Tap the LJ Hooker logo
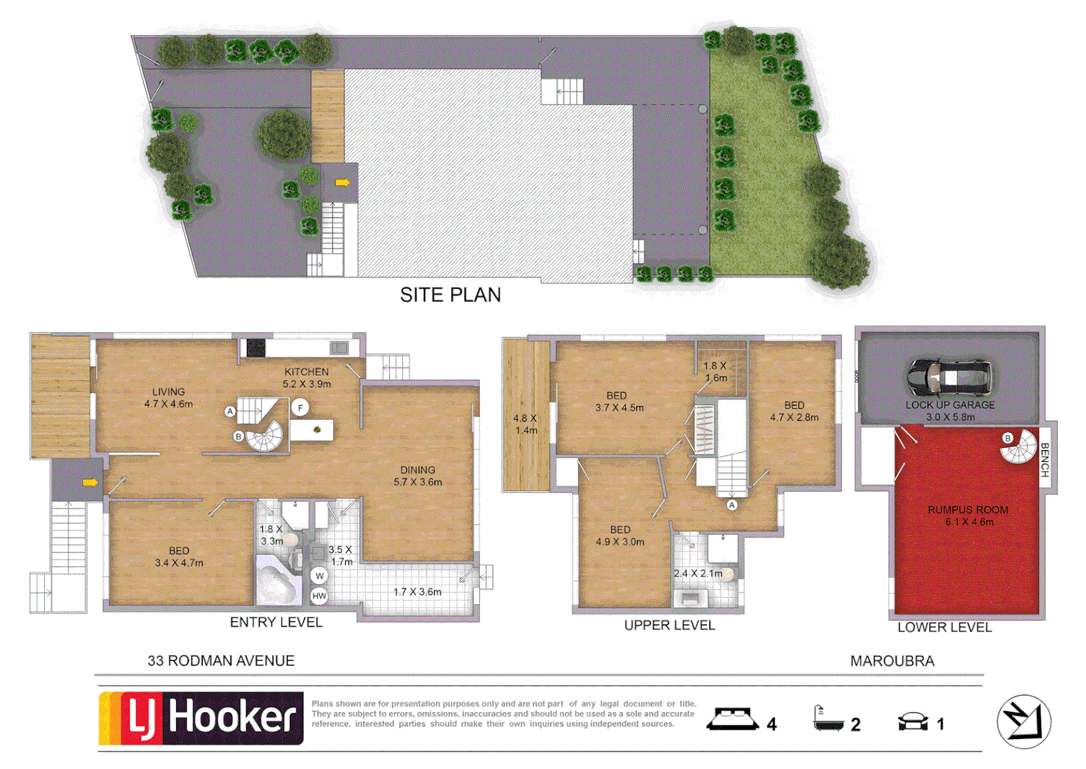201,718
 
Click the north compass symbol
1024,721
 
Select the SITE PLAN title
450,295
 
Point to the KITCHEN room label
306,372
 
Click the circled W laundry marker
319,576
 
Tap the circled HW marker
319,596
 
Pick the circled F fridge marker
301,408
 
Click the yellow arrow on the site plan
343,182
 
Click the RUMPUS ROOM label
968,510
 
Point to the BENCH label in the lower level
1045,460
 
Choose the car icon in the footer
913,722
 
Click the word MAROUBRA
892,661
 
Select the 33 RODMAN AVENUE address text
221,661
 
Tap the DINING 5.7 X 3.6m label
417,476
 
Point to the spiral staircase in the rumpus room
1018,447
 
